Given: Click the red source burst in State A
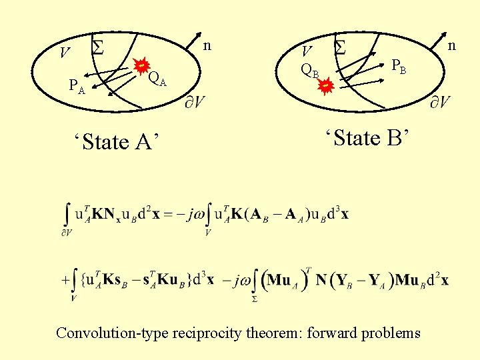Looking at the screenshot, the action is pos(141,66).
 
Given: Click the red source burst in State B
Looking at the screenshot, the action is pos(325,86).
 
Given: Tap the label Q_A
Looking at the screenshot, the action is pos(157,79).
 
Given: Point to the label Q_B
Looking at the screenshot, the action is pos(310,69).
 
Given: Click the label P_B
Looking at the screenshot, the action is pos(399,67).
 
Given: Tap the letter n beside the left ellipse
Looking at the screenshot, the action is pos(207,45).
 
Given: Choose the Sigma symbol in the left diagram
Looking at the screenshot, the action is pos(97,47).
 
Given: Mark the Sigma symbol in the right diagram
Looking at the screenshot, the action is pos(340,46).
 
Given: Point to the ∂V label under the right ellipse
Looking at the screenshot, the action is pos(439,101).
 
